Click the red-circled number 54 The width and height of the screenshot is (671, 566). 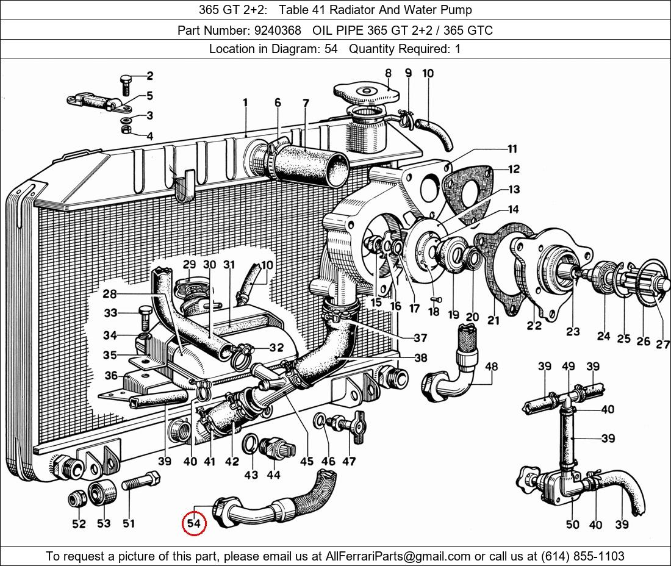click(194, 524)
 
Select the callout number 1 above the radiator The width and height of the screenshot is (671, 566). click(245, 104)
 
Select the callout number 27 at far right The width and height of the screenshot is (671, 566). click(662, 345)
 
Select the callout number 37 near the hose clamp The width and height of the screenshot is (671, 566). click(420, 338)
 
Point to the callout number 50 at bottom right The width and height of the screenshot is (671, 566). click(572, 525)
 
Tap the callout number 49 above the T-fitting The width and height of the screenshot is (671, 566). click(569, 366)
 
